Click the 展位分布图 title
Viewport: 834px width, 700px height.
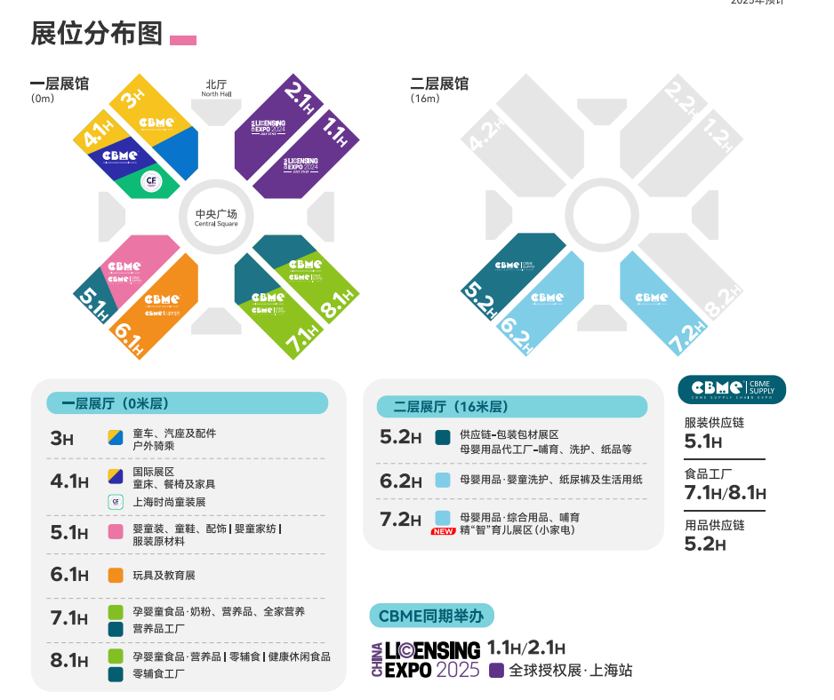tap(97, 35)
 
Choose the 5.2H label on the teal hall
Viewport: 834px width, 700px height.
tap(477, 298)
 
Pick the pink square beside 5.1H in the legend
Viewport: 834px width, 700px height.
tap(116, 532)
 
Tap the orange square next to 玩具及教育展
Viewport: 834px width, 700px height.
tap(116, 575)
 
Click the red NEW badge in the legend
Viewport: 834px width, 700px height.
tap(444, 531)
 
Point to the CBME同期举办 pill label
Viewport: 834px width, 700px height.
tap(431, 616)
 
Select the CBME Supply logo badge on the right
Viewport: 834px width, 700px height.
tap(732, 389)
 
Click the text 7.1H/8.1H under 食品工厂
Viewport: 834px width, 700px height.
tap(725, 493)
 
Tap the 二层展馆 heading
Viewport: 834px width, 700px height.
tap(439, 84)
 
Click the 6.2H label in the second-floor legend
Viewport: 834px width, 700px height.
tap(400, 481)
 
